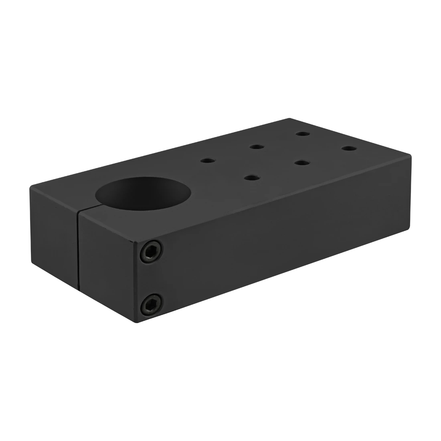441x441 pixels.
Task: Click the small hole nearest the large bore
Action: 207,160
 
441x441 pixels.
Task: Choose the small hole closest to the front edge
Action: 251,177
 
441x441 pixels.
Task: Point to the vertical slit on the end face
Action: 79,253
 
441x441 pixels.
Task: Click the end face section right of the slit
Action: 106,265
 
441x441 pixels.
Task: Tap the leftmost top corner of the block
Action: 30,184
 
